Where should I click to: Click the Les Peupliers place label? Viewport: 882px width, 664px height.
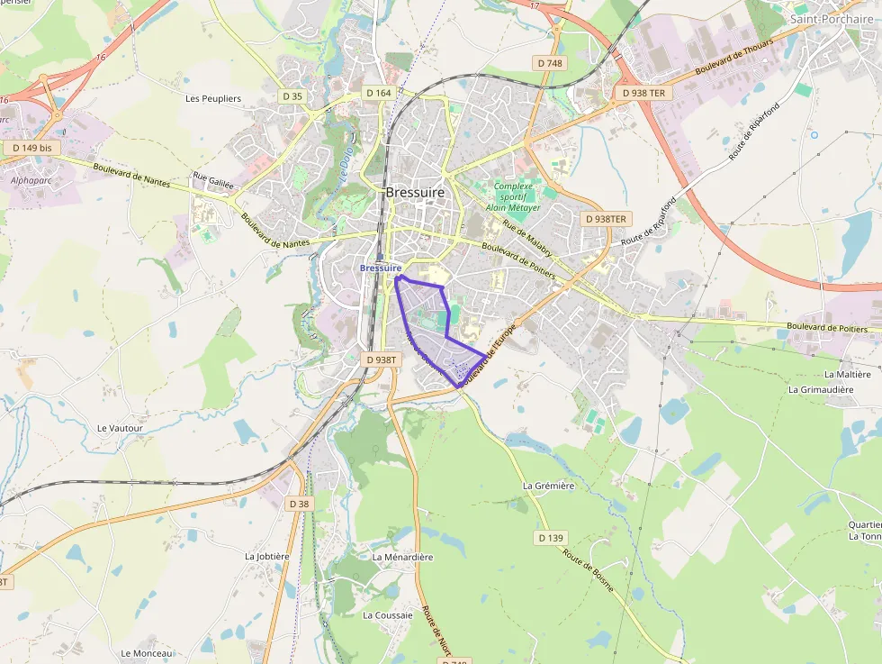click(x=212, y=98)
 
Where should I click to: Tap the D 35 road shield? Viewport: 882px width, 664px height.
click(x=292, y=96)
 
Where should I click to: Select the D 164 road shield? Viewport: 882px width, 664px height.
click(x=379, y=93)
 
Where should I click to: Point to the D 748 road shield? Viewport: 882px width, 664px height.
click(x=549, y=63)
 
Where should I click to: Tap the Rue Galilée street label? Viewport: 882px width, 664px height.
click(x=213, y=180)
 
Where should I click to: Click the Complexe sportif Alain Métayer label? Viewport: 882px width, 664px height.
click(x=513, y=196)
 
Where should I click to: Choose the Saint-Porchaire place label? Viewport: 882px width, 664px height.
click(x=832, y=18)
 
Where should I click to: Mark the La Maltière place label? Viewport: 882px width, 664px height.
click(x=847, y=374)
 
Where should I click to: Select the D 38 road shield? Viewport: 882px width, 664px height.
click(x=299, y=504)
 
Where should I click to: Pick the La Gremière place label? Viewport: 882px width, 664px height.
click(x=548, y=486)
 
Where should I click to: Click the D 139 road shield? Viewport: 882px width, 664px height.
click(x=551, y=538)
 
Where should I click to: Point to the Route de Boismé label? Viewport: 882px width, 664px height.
click(x=589, y=569)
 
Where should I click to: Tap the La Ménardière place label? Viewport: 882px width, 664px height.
click(x=402, y=557)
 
